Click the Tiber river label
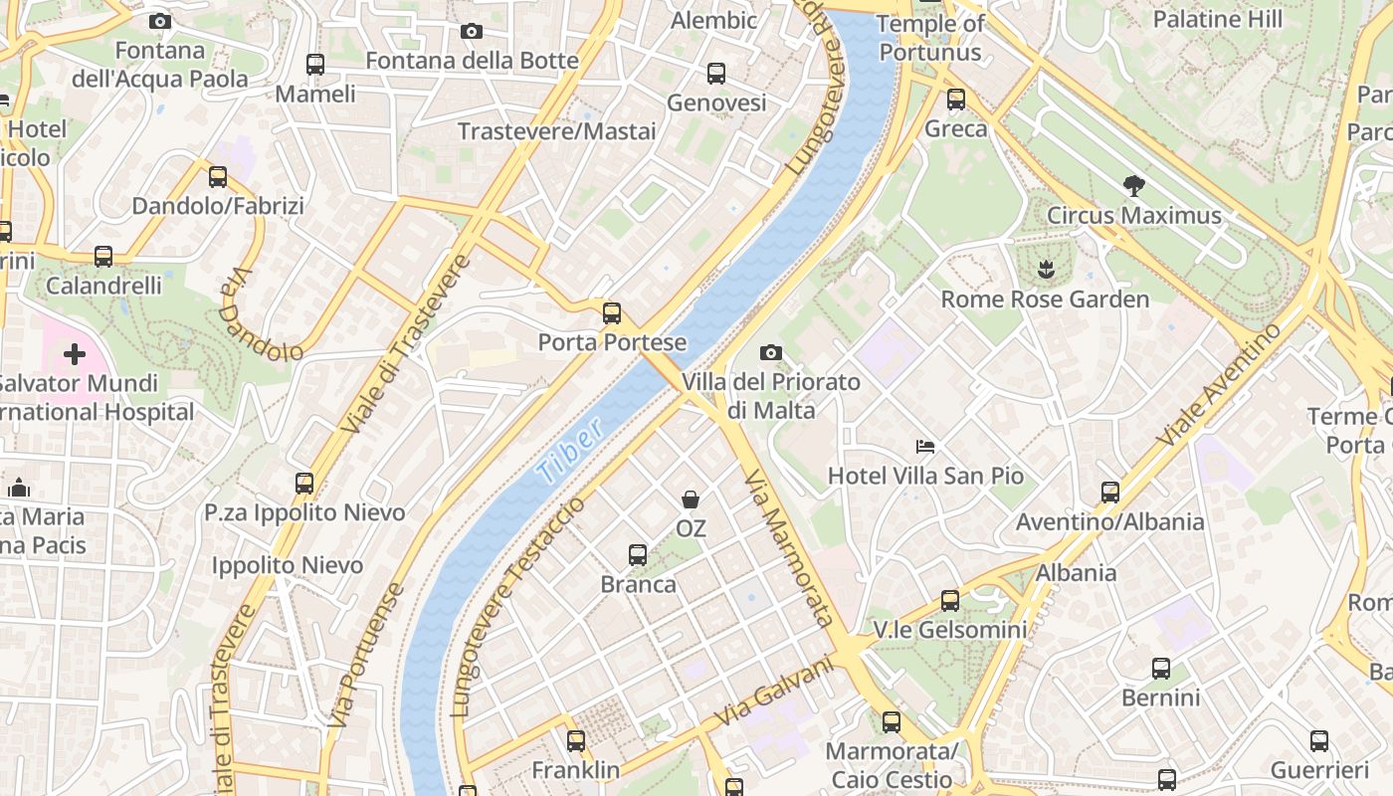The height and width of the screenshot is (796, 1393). pyautogui.click(x=570, y=452)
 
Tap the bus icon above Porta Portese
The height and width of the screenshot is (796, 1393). pyautogui.click(x=612, y=313)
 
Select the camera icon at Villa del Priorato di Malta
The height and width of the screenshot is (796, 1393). pyautogui.click(x=770, y=352)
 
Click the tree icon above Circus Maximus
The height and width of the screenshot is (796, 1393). pyautogui.click(x=1133, y=185)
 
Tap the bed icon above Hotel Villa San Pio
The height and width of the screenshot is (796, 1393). pyautogui.click(x=925, y=446)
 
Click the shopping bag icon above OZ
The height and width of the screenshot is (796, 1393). pyautogui.click(x=691, y=498)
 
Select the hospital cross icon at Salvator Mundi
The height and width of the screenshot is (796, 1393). pyautogui.click(x=75, y=354)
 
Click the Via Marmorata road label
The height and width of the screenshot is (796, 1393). pyautogui.click(x=789, y=548)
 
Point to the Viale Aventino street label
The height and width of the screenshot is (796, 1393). pyautogui.click(x=1219, y=385)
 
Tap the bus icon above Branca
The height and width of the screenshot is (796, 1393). pyautogui.click(x=638, y=554)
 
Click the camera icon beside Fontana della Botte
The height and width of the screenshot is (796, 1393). pyautogui.click(x=472, y=32)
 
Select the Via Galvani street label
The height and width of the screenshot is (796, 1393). pyautogui.click(x=774, y=692)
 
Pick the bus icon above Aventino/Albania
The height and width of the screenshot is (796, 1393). pyautogui.click(x=1110, y=492)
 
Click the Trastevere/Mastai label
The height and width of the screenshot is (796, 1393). pyautogui.click(x=556, y=131)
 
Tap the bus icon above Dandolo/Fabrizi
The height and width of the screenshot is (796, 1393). pyautogui.click(x=218, y=177)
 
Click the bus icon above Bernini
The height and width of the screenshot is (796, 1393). pyautogui.click(x=1161, y=668)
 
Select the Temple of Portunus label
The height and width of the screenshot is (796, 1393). pyautogui.click(x=930, y=38)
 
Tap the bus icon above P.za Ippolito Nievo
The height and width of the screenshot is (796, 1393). pyautogui.click(x=304, y=484)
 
